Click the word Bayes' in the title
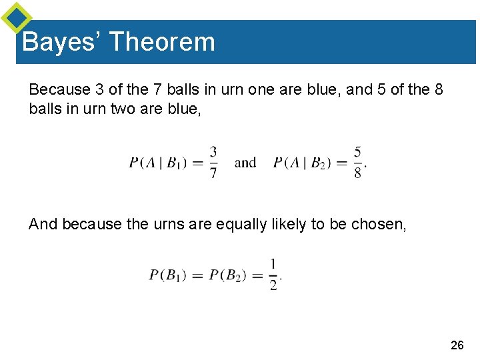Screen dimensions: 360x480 61,42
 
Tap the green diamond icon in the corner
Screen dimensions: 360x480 16,18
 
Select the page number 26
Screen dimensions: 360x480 457,345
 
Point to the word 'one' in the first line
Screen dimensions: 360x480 265,89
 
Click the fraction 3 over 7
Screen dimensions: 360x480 213,162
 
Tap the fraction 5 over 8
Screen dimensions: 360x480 358,162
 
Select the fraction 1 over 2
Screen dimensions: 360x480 274,274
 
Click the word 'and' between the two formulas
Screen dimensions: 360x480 246,162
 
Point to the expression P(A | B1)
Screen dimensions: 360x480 157,163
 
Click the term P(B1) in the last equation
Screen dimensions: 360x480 168,275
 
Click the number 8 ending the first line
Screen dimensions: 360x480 438,89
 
